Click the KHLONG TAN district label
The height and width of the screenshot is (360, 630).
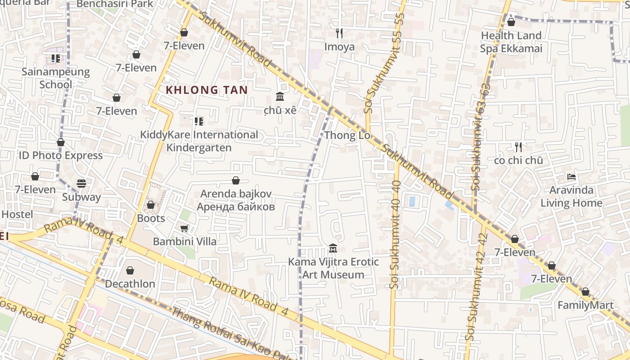[207, 90]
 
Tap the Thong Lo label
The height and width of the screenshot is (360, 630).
[347, 135]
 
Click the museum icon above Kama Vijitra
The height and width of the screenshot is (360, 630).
[333, 248]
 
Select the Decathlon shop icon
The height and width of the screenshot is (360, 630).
[130, 270]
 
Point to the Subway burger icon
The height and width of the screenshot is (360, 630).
[81, 183]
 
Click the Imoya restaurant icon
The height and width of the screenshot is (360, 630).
[339, 33]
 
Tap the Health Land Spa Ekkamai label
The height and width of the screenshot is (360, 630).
[511, 42]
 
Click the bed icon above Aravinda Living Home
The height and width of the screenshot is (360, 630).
[571, 177]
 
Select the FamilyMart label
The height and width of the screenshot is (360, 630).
[585, 305]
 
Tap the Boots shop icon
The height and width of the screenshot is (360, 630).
[151, 205]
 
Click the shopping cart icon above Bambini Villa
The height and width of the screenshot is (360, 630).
[184, 228]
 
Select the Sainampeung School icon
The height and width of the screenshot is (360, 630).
[55, 58]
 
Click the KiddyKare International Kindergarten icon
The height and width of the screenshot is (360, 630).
[198, 121]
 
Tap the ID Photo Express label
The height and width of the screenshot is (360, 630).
[60, 155]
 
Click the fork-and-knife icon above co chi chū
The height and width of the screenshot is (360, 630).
[518, 147]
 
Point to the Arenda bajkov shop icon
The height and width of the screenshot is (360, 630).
[235, 180]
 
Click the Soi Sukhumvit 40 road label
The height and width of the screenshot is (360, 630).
[396, 234]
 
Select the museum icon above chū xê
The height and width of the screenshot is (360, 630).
[279, 96]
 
